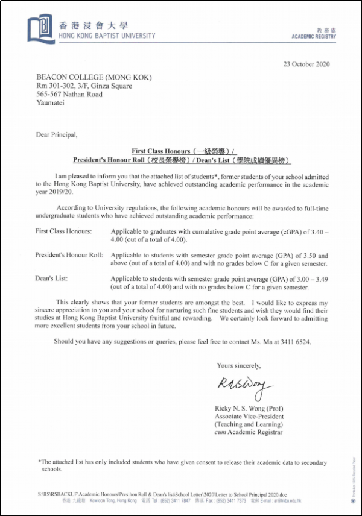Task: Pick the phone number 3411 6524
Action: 294,341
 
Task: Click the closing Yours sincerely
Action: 239,365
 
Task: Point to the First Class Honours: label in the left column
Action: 64,231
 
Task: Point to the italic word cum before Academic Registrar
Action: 221,432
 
